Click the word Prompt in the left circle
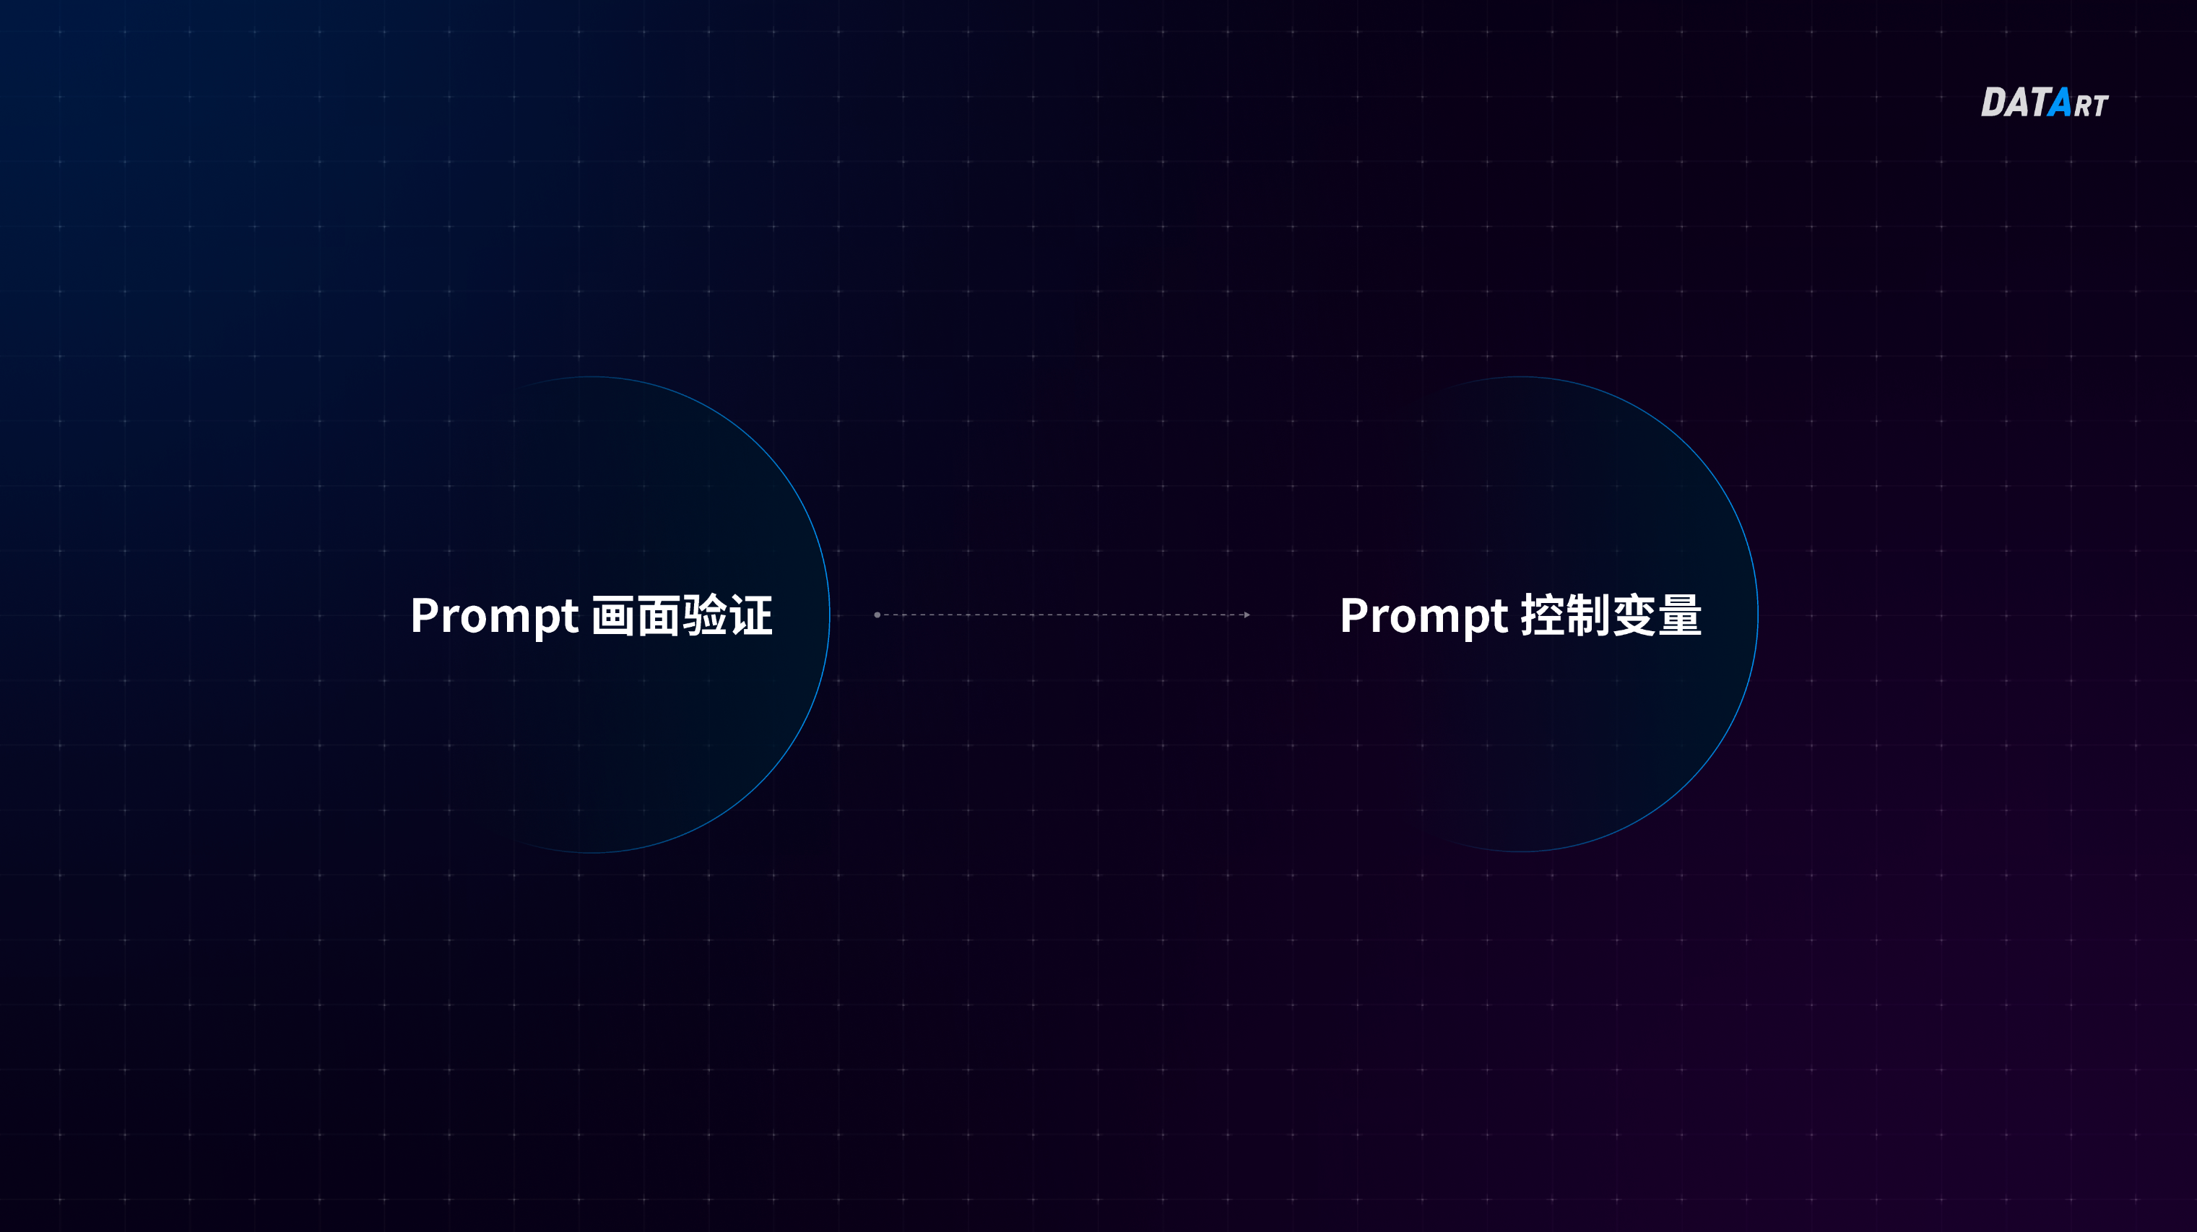[495, 615]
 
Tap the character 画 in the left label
[613, 615]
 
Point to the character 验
[704, 615]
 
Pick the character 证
[750, 615]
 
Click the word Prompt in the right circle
[1423, 615]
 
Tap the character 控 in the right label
[1543, 615]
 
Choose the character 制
[1588, 615]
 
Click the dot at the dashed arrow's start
[877, 615]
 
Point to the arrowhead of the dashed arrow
[1247, 615]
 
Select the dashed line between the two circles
[1062, 615]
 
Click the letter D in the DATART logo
[1994, 103]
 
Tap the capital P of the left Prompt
[424, 615]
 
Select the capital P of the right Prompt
[1353, 615]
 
